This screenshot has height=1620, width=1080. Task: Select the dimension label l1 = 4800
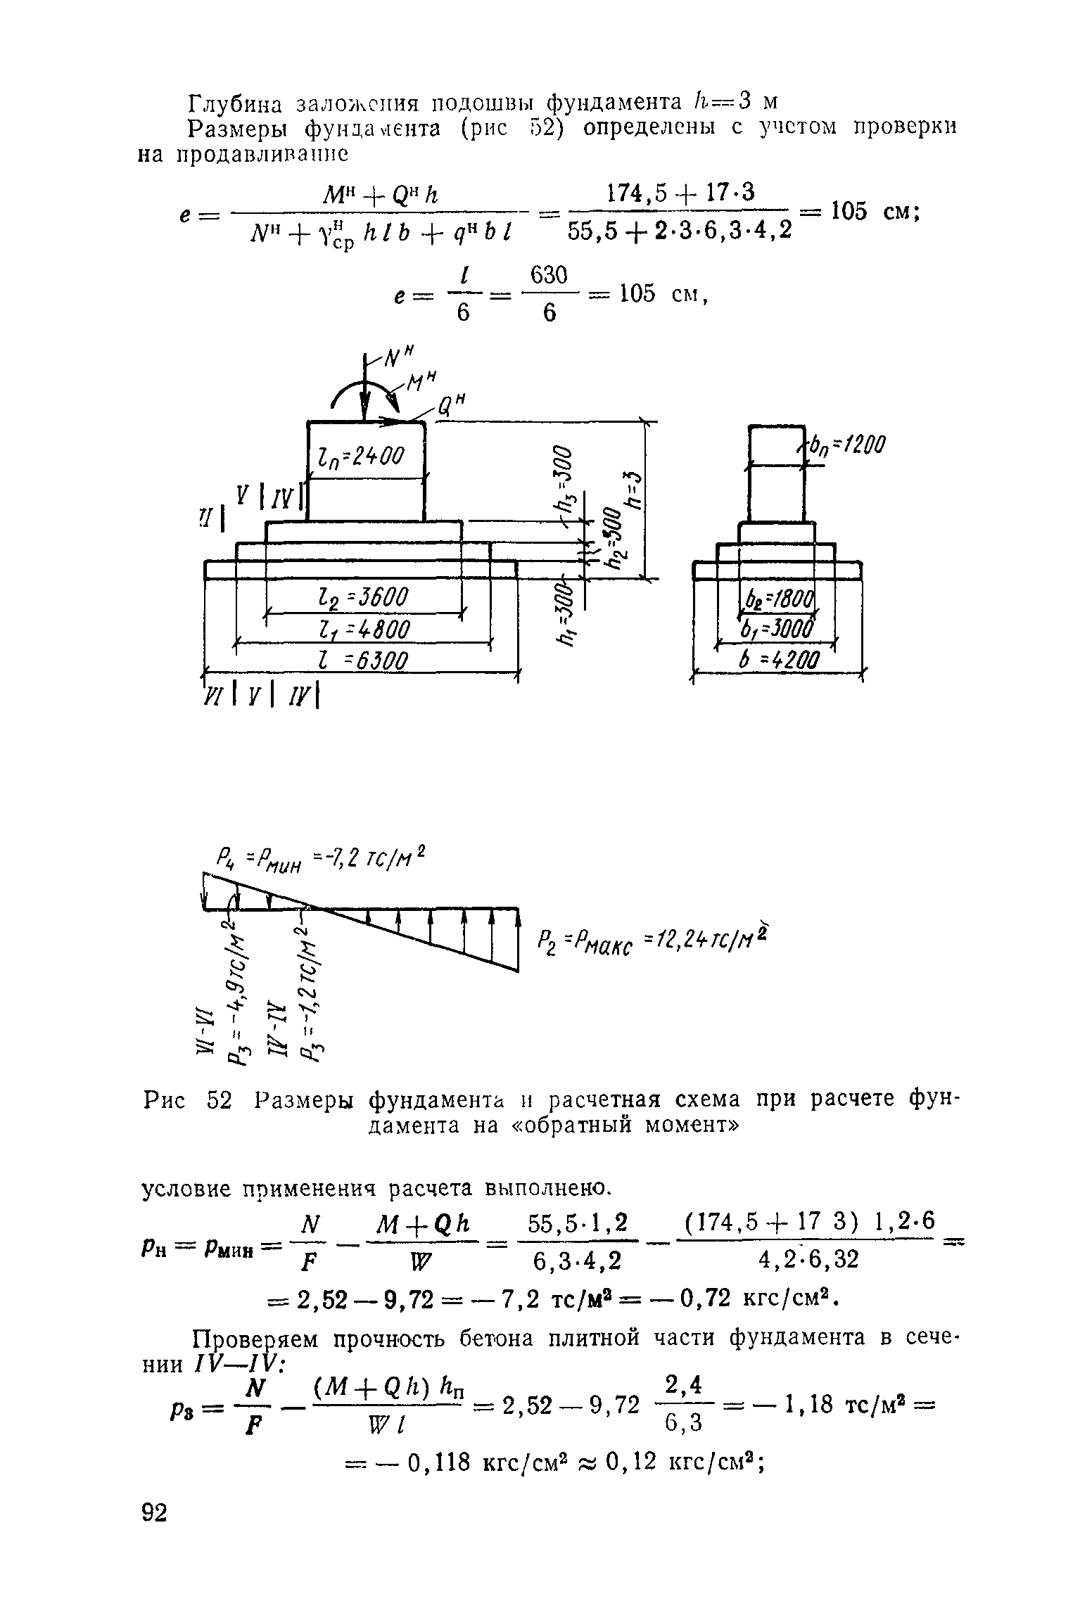coord(363,629)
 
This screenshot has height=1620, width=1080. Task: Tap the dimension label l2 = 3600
coord(363,599)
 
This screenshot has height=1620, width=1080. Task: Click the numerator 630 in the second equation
coord(549,275)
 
